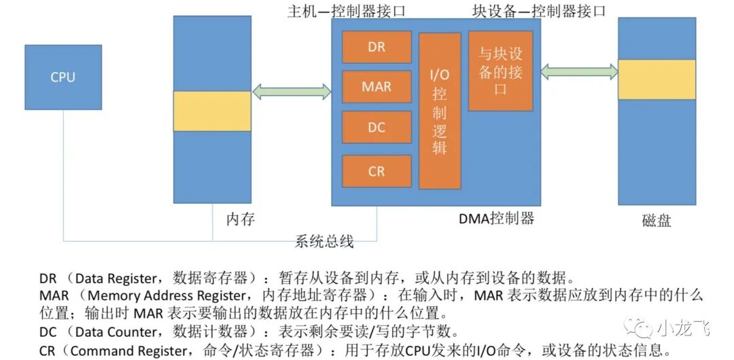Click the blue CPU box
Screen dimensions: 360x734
click(x=63, y=77)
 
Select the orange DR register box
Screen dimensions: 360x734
click(x=377, y=47)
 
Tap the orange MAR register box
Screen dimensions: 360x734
click(x=377, y=87)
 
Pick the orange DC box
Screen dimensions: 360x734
click(x=377, y=127)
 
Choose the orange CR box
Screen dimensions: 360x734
click(x=377, y=171)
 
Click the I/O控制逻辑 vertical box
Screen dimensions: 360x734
click(x=440, y=111)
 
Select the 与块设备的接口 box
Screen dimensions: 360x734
click(x=500, y=71)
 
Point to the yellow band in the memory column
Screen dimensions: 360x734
click(x=212, y=111)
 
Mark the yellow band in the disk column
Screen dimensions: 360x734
click(x=657, y=79)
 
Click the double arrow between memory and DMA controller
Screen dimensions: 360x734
click(x=291, y=92)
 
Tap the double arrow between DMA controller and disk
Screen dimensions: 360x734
click(x=579, y=71)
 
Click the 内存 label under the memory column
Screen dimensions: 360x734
click(x=241, y=219)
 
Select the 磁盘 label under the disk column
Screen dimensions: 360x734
click(x=656, y=220)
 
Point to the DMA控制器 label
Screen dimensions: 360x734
click(x=496, y=218)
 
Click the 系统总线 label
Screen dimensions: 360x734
click(x=324, y=242)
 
